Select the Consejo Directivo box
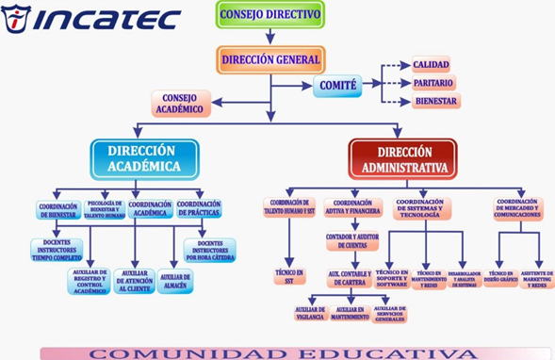coord(256,14)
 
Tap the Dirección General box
coord(270,59)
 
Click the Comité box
coord(338,86)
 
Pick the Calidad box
coord(430,64)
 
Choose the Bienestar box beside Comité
coord(434,101)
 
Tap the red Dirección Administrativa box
coord(403,157)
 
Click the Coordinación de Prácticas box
coord(199,209)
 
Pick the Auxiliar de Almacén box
coord(175,282)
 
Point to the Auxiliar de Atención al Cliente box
coord(134,281)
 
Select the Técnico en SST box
coord(290,275)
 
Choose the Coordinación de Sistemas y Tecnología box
coord(422,208)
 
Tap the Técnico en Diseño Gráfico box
coord(500,277)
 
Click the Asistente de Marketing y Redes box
coord(537,278)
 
